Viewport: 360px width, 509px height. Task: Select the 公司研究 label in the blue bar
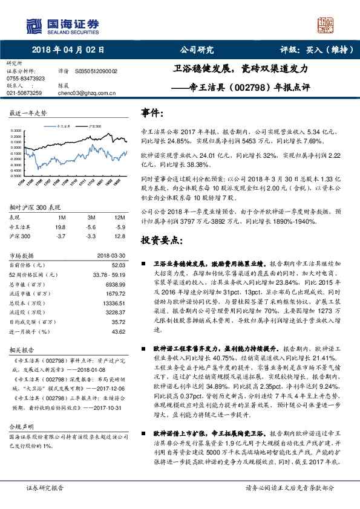(197, 51)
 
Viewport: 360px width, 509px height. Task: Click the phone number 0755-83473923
(26, 79)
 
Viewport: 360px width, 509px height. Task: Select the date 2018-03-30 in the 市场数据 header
(111, 255)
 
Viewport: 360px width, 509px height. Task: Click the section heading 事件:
(152, 113)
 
